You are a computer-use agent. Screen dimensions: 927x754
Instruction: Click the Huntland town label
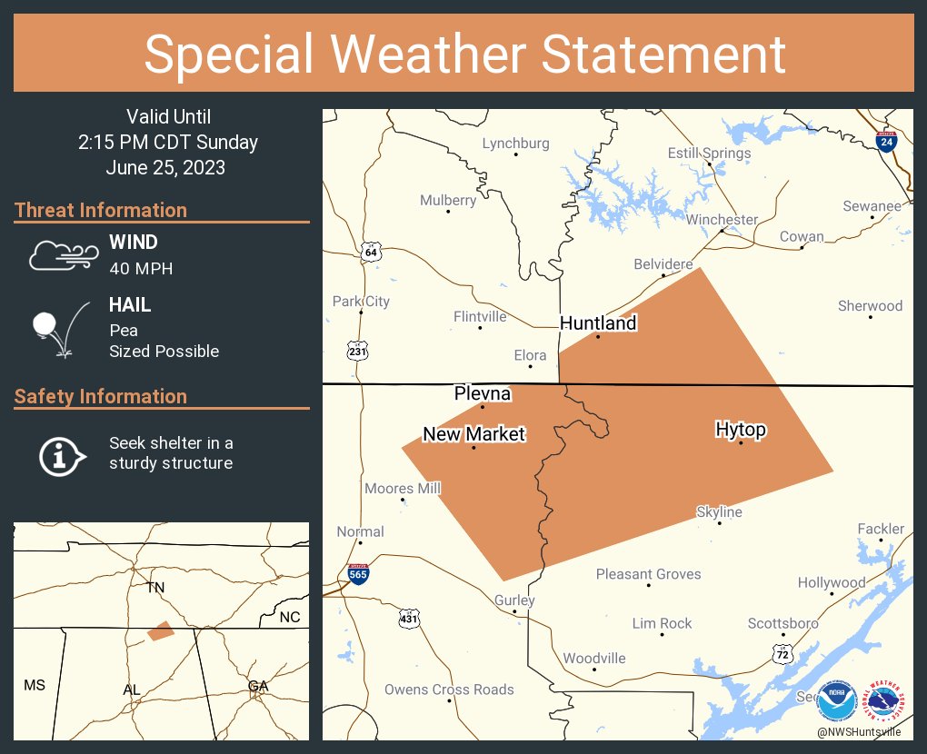tap(598, 323)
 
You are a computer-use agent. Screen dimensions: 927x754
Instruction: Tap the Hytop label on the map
tap(741, 430)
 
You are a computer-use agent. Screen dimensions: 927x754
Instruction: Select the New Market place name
tap(473, 434)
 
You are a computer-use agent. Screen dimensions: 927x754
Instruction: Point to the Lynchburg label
tap(515, 144)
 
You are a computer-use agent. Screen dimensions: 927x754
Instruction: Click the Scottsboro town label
tap(782, 623)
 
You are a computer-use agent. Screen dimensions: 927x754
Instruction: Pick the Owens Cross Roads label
tap(449, 690)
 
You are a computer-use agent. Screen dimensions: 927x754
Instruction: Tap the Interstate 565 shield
tap(359, 573)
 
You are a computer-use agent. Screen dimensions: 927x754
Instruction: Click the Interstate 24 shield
tap(885, 141)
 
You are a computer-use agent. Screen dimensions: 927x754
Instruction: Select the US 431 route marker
tap(409, 619)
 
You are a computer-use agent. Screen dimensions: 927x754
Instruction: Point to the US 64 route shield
tap(370, 251)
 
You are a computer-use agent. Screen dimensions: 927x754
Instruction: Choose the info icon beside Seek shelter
tap(61, 454)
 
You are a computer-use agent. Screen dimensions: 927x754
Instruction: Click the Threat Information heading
tap(101, 210)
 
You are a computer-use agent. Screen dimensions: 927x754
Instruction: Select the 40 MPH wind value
tap(141, 269)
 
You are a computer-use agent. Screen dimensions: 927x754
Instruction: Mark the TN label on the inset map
tap(156, 588)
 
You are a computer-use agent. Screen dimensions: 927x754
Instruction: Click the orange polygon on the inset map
tap(161, 630)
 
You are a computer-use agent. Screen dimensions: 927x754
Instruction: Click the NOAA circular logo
tap(835, 700)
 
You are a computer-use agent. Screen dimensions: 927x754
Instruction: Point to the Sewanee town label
tap(872, 206)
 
